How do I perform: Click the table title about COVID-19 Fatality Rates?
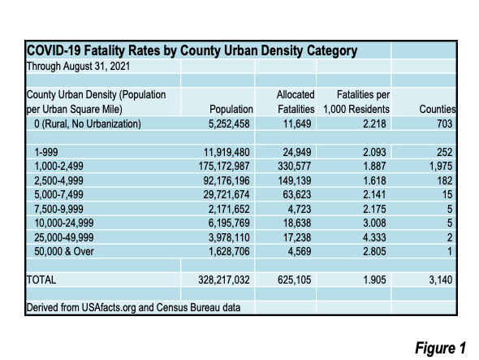192,50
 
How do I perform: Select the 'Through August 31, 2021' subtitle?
78,66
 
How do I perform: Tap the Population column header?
231,109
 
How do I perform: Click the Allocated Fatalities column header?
296,102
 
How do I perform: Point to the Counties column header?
438,109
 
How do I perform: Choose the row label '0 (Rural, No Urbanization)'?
88,124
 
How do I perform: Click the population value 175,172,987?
224,166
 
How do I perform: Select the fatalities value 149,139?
295,180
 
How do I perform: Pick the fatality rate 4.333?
374,237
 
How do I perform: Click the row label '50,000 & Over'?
64,251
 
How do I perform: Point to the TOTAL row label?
41,280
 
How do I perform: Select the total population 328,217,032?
224,280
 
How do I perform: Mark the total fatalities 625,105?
295,280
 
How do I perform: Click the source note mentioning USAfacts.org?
133,307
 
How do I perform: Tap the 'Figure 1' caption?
440,348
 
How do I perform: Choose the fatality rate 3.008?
374,223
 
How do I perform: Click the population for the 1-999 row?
227,152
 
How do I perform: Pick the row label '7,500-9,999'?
58,209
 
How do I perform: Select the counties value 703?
444,124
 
